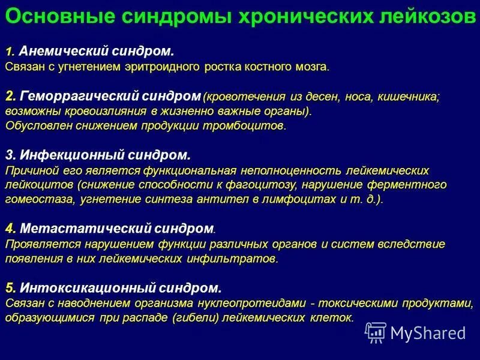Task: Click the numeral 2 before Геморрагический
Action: coord(10,95)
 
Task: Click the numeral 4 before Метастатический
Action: coord(10,229)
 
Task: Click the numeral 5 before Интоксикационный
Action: coord(10,287)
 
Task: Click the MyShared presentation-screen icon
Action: coord(376,332)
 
